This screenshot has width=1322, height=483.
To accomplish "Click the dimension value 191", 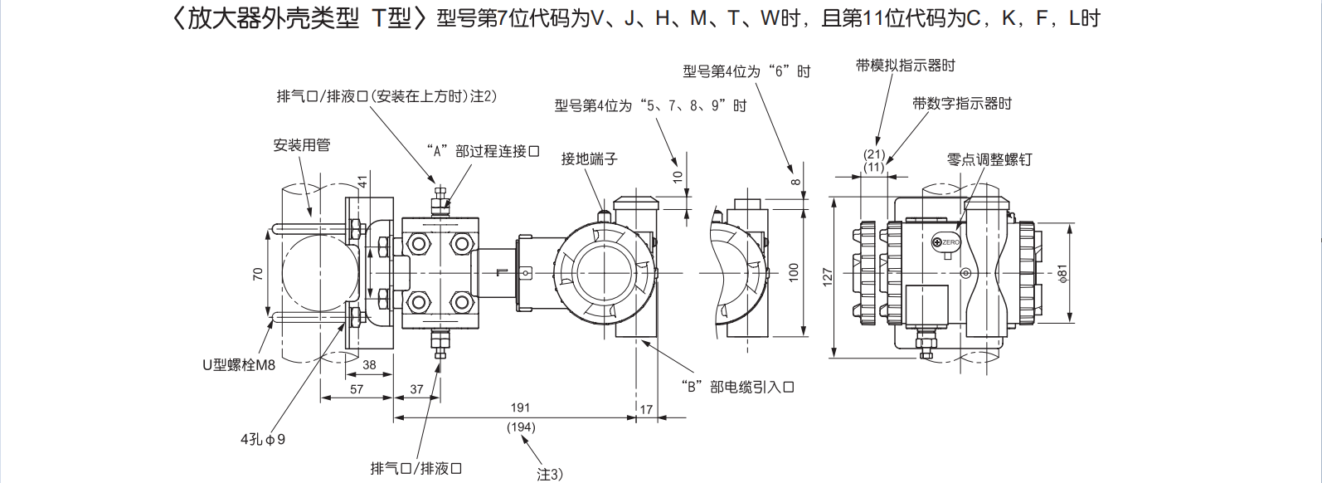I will click(x=520, y=407).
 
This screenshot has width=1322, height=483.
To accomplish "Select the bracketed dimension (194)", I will click(x=521, y=427).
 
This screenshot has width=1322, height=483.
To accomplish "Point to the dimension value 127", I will click(x=827, y=276).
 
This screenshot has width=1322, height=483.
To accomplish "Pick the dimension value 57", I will click(x=357, y=388).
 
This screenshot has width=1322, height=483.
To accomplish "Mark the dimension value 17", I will click(x=646, y=409).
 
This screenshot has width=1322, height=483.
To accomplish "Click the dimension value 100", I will click(x=794, y=271).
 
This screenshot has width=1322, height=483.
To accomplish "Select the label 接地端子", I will click(x=589, y=159).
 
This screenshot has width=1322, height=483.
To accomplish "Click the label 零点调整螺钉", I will click(x=989, y=159).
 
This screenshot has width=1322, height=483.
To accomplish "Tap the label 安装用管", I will click(x=302, y=145).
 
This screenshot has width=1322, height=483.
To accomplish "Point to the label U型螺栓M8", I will click(x=239, y=364).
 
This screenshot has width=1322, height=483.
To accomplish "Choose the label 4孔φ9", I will click(x=263, y=439).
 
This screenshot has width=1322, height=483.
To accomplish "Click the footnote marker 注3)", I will click(x=549, y=474).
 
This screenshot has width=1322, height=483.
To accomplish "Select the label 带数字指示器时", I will click(x=962, y=104).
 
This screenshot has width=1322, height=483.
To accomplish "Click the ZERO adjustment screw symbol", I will click(x=937, y=242).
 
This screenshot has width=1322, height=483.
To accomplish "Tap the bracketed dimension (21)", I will click(x=874, y=154).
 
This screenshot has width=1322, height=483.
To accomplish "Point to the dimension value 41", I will click(x=362, y=181).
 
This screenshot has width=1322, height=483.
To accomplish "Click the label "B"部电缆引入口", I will click(x=737, y=387).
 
